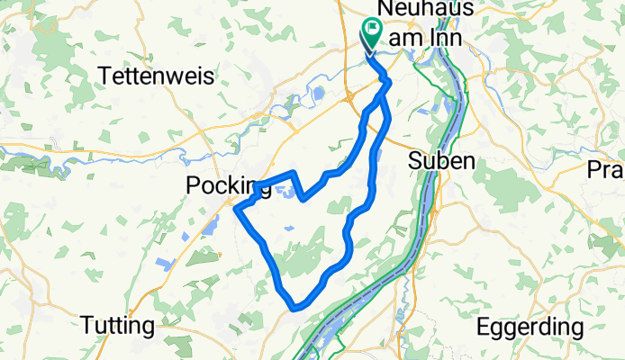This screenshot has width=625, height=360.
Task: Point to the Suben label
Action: (x=441, y=161)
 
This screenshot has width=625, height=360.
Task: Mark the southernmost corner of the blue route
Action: (x=294, y=309)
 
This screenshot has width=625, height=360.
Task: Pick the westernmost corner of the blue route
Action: (x=236, y=209)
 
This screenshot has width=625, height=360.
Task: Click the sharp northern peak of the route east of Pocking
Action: (x=294, y=171)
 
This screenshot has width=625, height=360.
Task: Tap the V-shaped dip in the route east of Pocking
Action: (x=304, y=197)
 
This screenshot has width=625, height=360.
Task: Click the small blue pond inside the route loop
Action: (x=288, y=189)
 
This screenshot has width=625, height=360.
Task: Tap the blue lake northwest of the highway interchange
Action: (x=317, y=92)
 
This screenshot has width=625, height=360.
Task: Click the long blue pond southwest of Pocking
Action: (x=210, y=225)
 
